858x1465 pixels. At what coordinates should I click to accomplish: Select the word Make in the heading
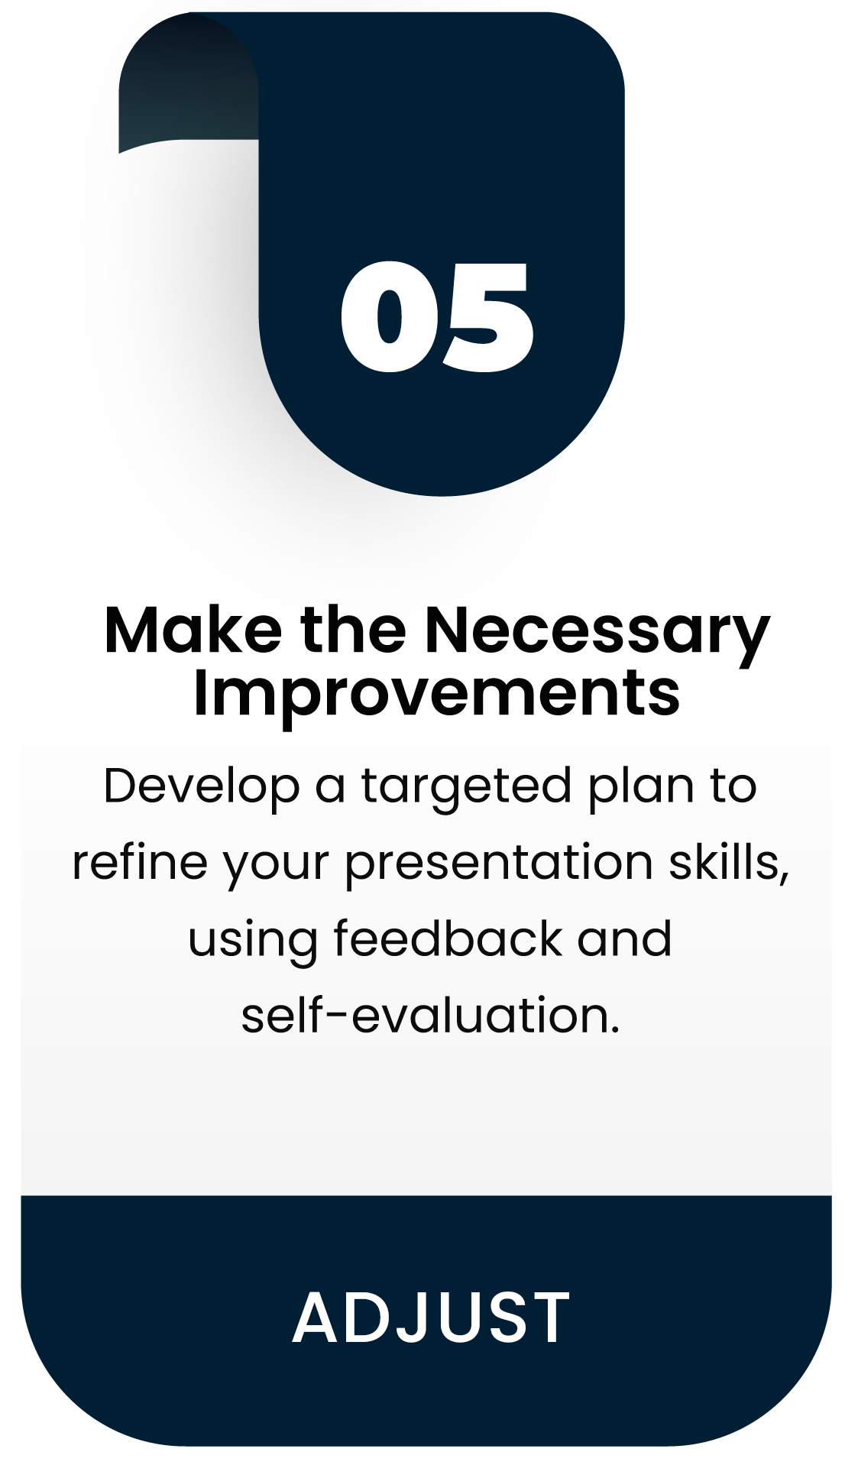pos(193,630)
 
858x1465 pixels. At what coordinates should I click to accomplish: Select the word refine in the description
pos(140,861)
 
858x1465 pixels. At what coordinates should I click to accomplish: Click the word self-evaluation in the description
pos(430,1015)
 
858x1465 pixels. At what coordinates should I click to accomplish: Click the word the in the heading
pos(353,630)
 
